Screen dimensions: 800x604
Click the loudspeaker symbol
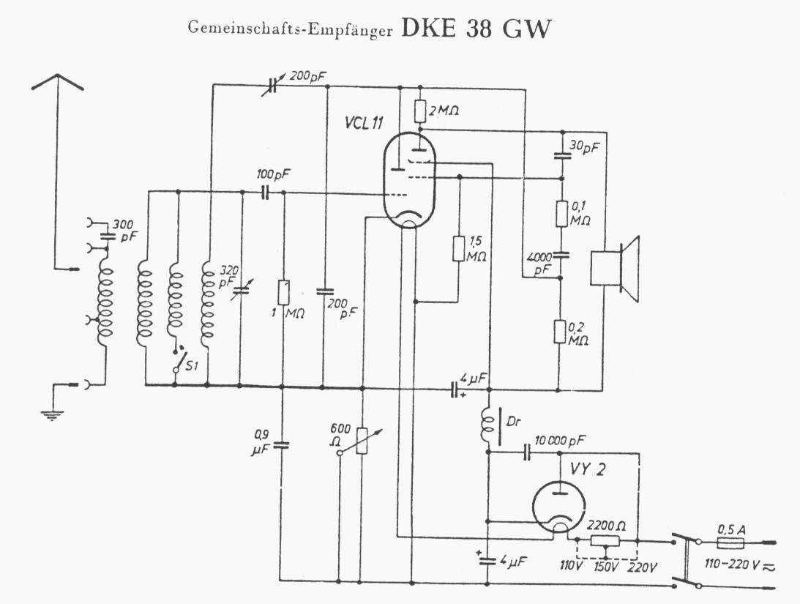615,269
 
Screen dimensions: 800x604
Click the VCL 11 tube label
364,123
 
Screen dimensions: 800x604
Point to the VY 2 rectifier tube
558,507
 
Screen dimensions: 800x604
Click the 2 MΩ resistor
419,111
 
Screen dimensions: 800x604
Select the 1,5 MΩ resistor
458,248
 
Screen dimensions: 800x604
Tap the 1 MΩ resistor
283,292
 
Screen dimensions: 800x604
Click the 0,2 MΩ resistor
560,332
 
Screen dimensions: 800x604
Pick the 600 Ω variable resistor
362,440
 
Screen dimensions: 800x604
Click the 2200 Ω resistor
605,541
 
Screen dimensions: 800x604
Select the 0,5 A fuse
730,544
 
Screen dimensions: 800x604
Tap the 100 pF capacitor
264,193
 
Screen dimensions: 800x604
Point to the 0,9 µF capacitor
281,445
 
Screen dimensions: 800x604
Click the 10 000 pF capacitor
528,452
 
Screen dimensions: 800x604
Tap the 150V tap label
606,567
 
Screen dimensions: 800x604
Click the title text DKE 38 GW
476,29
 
